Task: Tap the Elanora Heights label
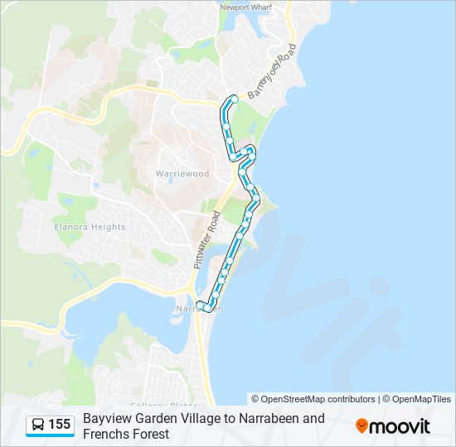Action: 90,227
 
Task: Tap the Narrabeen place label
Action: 199,310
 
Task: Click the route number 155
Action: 60,425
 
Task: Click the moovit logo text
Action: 400,426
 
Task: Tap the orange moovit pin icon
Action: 361,426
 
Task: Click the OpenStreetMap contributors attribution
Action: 313,399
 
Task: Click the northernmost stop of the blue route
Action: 234,99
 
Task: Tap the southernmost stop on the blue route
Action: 206,309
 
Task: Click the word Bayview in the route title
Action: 105,419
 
